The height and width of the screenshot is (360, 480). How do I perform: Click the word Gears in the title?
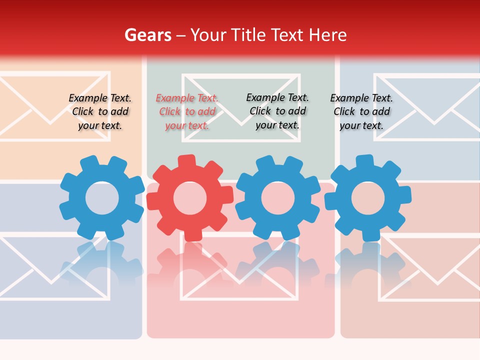[x=147, y=35]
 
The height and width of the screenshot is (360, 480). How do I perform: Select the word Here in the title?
[x=327, y=35]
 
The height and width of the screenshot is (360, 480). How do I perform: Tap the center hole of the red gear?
[x=190, y=198]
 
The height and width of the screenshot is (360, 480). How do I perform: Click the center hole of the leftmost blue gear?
[x=102, y=198]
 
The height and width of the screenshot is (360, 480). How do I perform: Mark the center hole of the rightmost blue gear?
[x=368, y=198]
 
